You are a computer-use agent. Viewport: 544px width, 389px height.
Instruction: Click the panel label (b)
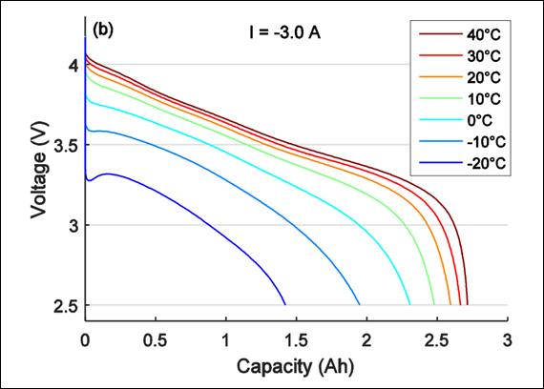[102, 30]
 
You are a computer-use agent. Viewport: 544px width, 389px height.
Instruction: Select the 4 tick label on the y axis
[73, 65]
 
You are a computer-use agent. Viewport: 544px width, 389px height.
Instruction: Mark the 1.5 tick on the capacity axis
[297, 339]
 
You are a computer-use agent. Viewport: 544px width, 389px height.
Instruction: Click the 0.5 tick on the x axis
[157, 339]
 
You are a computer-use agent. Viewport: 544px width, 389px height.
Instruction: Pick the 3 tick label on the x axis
[508, 339]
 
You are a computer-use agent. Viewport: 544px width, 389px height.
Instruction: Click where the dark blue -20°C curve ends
[285, 304]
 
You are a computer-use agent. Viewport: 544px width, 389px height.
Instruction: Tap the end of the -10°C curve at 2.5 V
[360, 304]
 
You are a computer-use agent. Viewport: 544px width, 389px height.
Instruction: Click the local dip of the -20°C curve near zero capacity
[89, 179]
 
